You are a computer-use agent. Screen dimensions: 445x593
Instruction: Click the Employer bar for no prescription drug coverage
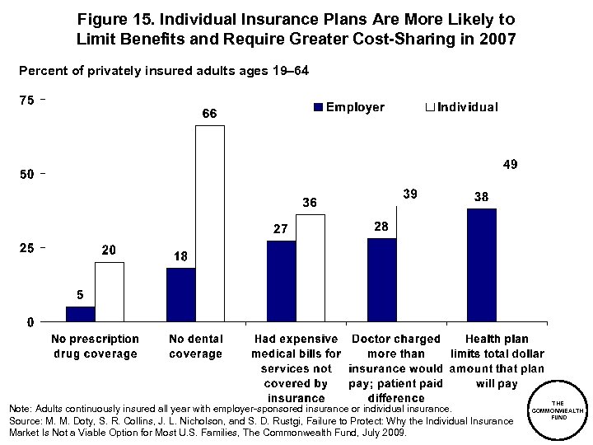click(x=80, y=313)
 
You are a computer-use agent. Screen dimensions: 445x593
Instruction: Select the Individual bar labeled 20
click(x=109, y=292)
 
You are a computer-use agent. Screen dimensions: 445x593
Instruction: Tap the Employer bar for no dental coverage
click(x=180, y=294)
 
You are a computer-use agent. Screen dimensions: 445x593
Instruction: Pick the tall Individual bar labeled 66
click(x=209, y=223)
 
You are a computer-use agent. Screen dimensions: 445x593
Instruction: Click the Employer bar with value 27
click(x=281, y=281)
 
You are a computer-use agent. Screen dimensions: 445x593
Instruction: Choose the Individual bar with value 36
click(x=310, y=268)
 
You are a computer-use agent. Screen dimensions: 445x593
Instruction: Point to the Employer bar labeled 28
click(x=381, y=279)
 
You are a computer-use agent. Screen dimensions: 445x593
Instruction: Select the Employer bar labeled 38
click(x=482, y=265)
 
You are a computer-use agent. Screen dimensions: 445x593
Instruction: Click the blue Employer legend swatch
click(x=317, y=108)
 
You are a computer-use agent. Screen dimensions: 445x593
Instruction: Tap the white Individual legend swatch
click(x=429, y=108)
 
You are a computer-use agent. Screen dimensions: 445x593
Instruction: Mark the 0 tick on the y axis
click(x=30, y=321)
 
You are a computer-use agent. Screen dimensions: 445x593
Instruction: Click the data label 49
click(x=510, y=165)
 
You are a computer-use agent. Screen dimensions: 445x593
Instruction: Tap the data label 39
click(x=410, y=193)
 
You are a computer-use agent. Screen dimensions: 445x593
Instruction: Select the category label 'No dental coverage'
click(x=195, y=346)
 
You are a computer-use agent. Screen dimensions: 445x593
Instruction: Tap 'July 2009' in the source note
click(x=384, y=433)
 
